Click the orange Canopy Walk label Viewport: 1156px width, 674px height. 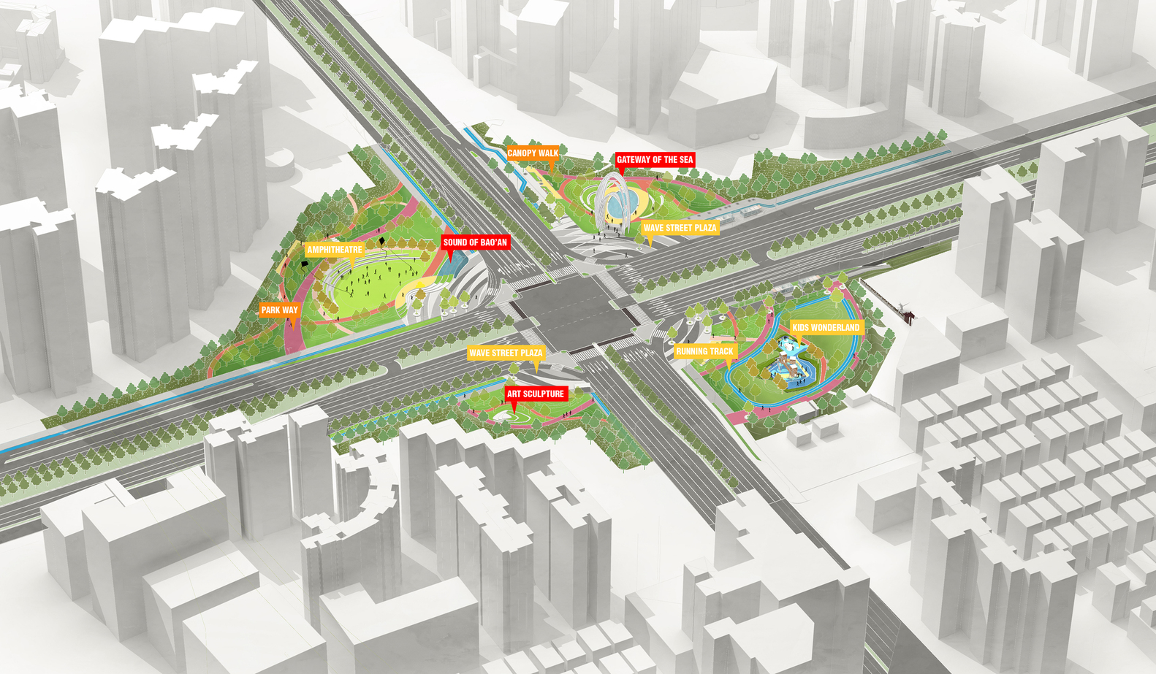(533, 153)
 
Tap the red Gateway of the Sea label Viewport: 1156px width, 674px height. (655, 160)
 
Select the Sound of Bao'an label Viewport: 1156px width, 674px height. (475, 242)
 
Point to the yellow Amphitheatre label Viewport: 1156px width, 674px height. (335, 250)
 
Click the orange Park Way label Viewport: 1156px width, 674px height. (280, 310)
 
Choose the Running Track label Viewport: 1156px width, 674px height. (704, 352)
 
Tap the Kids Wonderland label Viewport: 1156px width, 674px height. (826, 328)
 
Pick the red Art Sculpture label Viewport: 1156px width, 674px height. (536, 394)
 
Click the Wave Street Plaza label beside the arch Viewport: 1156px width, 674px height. (680, 228)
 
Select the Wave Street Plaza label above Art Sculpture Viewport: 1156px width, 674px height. (506, 353)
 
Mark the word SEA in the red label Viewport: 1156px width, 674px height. (685, 160)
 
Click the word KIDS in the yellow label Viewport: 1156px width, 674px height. (801, 328)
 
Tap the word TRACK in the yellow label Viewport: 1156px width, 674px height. (721, 352)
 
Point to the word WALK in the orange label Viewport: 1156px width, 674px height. (548, 153)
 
